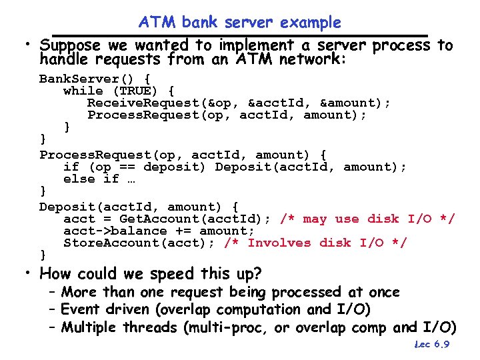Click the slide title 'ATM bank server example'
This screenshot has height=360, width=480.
click(x=239, y=22)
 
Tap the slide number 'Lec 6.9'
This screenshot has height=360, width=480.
click(x=431, y=345)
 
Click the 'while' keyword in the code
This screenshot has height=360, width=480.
click(x=83, y=91)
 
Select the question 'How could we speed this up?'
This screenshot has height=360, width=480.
click(x=151, y=273)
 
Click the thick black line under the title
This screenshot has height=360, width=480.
click(x=239, y=35)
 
